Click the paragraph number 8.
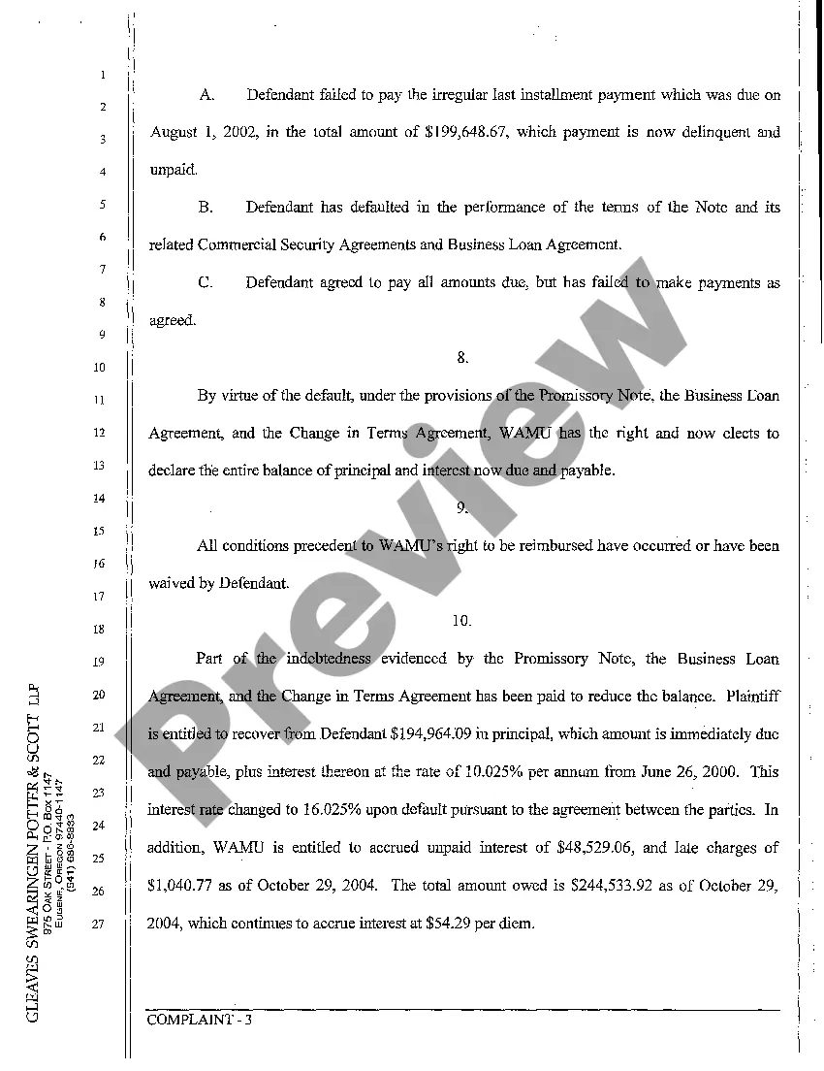tap(462, 358)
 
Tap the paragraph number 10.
tap(461, 621)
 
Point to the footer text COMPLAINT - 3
tap(199, 1020)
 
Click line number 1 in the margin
tap(101, 74)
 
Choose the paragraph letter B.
tap(206, 208)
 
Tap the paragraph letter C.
tap(206, 283)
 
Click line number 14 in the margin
tap(99, 499)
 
